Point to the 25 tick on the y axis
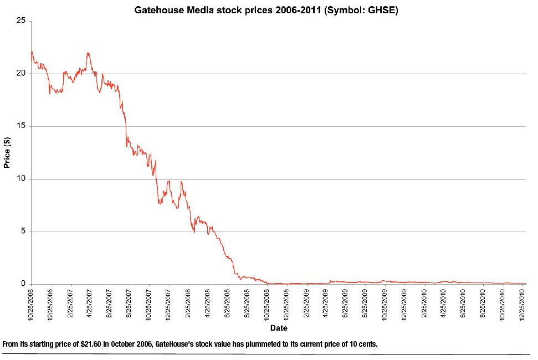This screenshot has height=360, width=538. click(22, 21)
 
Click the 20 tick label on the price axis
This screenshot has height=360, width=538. click(22, 74)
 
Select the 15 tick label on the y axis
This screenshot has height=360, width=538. click(22, 126)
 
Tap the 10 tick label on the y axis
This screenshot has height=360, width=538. click(22, 179)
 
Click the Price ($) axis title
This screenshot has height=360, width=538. click(7, 152)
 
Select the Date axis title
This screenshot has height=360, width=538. click(279, 328)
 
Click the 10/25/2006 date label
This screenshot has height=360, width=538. click(32, 304)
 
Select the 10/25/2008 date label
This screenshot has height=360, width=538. click(267, 304)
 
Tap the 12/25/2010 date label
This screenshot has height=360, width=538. click(522, 304)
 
